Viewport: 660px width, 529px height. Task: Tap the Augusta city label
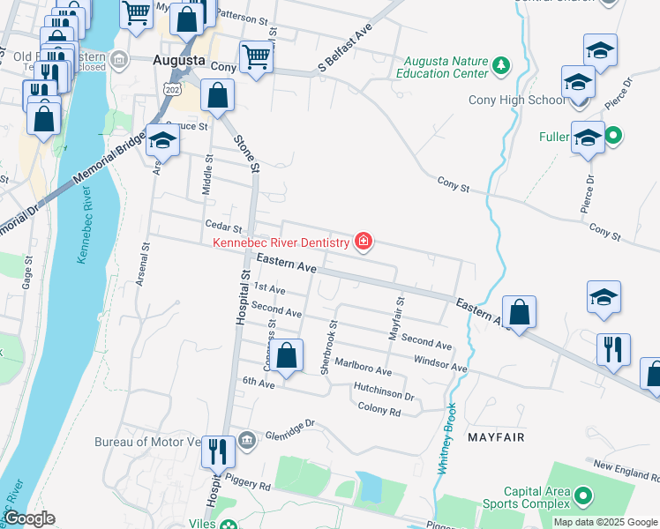[x=179, y=61]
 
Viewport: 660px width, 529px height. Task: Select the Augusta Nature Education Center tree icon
[x=501, y=65]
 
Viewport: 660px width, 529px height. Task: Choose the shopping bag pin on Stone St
[x=217, y=96]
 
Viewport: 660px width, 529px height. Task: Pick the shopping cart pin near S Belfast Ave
[x=256, y=57]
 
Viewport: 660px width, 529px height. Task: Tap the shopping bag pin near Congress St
[x=286, y=357]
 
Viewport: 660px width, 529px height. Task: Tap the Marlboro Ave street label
[x=362, y=368]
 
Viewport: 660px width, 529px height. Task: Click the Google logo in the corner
[x=28, y=518]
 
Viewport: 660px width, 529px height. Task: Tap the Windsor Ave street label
[x=439, y=363]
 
